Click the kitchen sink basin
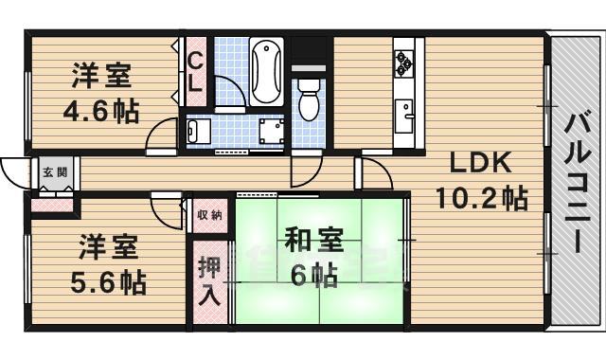[x=405, y=117]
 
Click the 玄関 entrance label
[x=54, y=172]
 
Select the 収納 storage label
[x=209, y=215]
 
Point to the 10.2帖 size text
[x=481, y=199]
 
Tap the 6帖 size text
[x=313, y=276]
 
